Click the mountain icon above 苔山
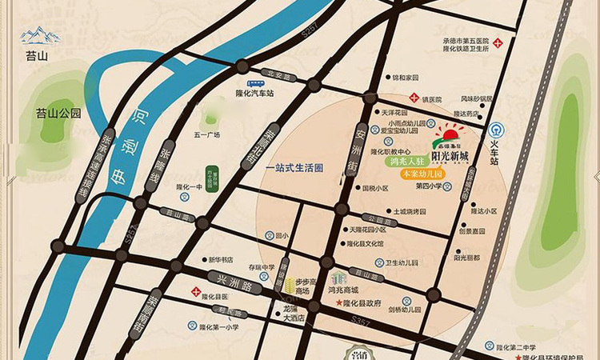(x=40, y=34)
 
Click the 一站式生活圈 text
(x=294, y=168)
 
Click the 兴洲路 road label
(x=228, y=281)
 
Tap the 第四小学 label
(x=430, y=186)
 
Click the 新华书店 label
(x=221, y=259)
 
